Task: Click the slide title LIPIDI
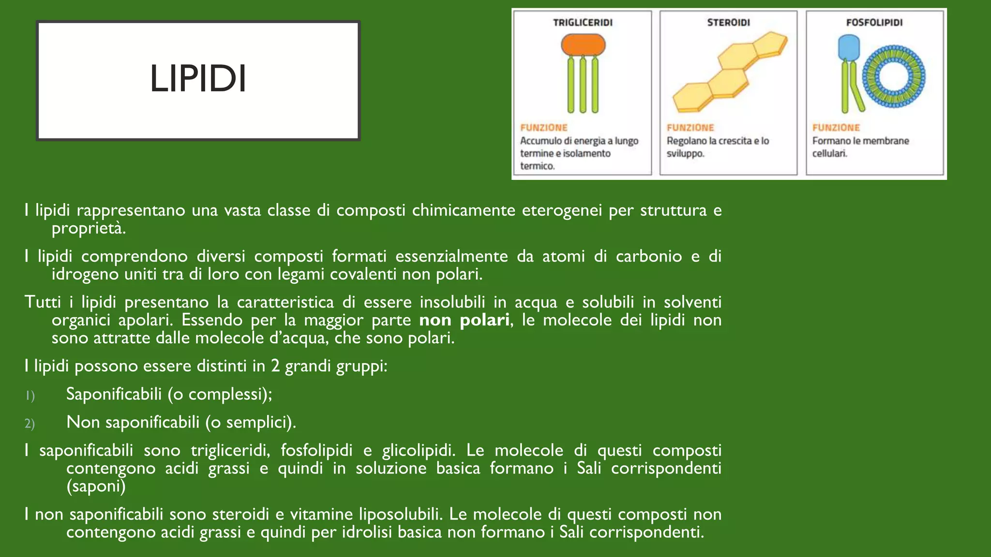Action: click(198, 79)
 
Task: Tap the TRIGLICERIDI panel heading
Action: click(583, 23)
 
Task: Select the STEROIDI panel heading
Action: click(728, 23)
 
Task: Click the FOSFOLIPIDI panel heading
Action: click(874, 23)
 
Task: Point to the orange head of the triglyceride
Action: click(583, 45)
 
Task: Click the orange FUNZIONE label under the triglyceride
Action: click(543, 128)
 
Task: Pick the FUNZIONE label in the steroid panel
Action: click(690, 128)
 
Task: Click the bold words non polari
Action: click(464, 320)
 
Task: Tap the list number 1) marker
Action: click(30, 396)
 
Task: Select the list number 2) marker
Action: click(30, 424)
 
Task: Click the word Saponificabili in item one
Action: click(114, 394)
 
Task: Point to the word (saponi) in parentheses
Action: click(96, 486)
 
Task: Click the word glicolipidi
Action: click(418, 450)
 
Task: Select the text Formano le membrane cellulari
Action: click(860, 147)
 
